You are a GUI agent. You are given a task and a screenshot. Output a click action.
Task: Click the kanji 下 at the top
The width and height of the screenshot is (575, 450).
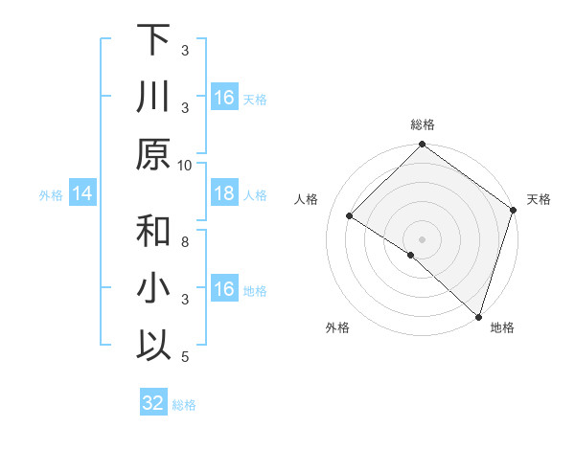coord(153,40)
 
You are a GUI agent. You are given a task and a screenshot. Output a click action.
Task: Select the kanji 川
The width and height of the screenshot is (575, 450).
coord(153,97)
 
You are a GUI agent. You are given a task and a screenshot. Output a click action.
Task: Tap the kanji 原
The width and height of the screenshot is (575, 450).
coord(153,154)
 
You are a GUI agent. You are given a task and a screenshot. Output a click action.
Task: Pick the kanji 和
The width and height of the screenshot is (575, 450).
coord(153,233)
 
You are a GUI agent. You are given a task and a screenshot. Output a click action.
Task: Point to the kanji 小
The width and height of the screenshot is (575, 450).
coord(153,289)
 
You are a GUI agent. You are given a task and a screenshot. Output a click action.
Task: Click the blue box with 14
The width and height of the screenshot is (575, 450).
coord(82,194)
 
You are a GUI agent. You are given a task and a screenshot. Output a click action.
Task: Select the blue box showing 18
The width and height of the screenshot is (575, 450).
coord(224,194)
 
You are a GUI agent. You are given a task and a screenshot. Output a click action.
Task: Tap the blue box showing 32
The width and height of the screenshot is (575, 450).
coord(153,403)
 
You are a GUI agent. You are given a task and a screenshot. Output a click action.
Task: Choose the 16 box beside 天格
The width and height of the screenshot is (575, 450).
coord(224,98)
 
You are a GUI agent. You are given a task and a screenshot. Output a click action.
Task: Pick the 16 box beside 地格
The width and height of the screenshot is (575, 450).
coord(224,289)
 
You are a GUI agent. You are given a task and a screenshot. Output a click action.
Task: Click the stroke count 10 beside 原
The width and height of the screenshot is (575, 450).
coord(185,165)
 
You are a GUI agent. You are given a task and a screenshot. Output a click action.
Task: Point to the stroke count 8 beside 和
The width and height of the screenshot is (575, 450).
coord(185,243)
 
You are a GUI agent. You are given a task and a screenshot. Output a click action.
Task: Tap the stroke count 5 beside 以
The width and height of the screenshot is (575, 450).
coord(185,357)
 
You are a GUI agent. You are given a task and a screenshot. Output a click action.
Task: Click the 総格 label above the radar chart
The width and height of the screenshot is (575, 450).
coord(423,125)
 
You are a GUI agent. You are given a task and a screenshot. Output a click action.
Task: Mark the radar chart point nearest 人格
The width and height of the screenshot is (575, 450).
coord(350,216)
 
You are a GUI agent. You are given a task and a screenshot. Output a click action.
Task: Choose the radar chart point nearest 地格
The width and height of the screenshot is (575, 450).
coord(478,315)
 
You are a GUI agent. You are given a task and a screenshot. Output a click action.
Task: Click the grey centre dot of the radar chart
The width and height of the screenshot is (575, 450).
coord(423,238)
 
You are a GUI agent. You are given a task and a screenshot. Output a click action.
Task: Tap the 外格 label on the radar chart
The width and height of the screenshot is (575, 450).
coord(337,327)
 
